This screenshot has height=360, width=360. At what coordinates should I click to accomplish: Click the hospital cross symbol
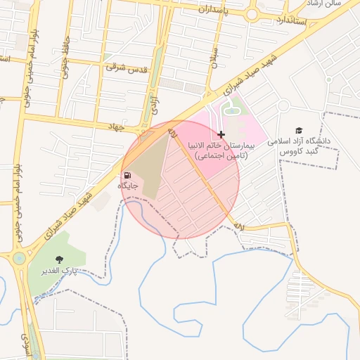(221, 134)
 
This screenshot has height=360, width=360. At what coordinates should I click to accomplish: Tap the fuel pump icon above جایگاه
(127, 175)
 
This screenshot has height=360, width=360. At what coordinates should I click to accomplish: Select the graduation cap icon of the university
(299, 130)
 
